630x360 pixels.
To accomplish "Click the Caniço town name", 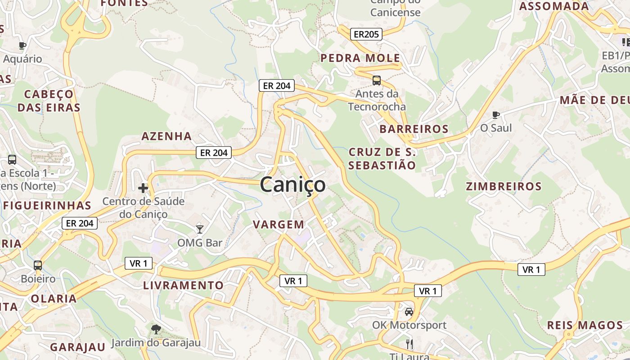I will [x=292, y=184].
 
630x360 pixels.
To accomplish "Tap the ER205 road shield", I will [x=367, y=34].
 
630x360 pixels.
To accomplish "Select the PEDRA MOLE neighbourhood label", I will [x=360, y=58].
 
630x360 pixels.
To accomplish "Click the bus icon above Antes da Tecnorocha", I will [x=377, y=81].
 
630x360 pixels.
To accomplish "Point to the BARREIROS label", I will [x=414, y=129].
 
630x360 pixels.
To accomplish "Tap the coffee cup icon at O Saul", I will [x=496, y=115].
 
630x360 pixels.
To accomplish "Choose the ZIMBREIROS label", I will [x=504, y=186].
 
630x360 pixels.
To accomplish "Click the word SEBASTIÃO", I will [x=382, y=165].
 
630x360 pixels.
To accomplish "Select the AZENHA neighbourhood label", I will [x=166, y=136].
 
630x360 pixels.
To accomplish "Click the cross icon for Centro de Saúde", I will [x=143, y=188].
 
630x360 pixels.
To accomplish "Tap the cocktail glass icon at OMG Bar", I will [x=200, y=229].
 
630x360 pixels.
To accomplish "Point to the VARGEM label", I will [x=279, y=224].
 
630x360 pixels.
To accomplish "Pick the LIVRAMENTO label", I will [x=183, y=285].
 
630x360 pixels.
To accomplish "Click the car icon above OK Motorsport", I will [x=409, y=311].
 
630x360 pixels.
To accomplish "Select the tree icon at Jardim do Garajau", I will [x=156, y=329].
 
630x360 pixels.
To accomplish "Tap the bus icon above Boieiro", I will [x=38, y=265].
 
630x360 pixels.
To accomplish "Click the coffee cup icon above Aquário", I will [x=22, y=45].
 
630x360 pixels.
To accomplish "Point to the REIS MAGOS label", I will [x=585, y=325].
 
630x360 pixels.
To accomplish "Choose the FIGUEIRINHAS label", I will [x=47, y=206].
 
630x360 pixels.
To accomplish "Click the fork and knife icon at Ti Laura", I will [x=409, y=344].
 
